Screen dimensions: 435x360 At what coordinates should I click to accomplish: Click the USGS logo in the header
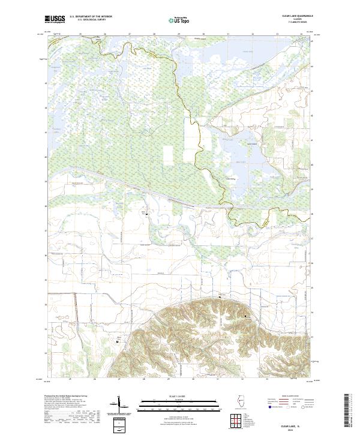point(55,20)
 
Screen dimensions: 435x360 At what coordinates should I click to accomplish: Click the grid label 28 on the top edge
point(155,34)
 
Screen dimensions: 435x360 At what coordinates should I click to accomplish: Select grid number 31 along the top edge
point(229,34)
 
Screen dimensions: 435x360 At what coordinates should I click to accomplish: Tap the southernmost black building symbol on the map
point(117,342)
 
